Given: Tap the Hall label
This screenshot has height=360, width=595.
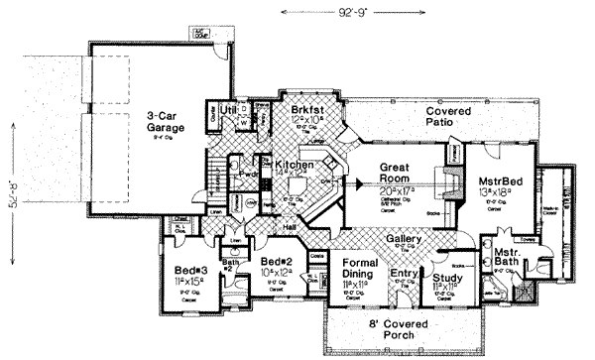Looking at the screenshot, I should point(287,227).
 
